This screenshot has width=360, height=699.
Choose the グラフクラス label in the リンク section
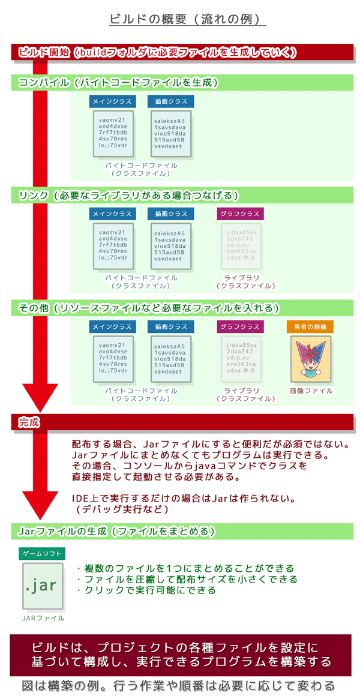coord(239,214)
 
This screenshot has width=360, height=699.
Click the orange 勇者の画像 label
coord(310,327)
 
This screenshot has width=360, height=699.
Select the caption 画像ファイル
coord(311,391)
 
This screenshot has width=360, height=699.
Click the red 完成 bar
coord(180,422)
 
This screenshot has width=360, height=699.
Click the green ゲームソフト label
coord(42,554)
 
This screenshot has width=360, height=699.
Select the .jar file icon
coord(42,586)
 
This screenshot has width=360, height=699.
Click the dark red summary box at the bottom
coord(181,655)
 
